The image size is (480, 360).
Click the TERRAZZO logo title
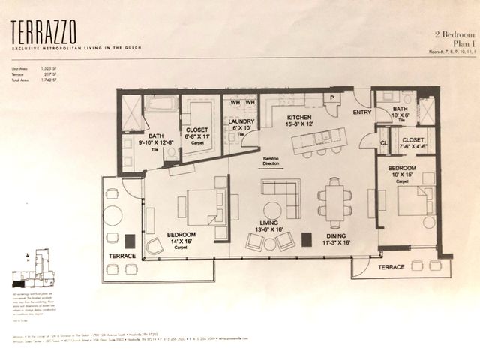click(43, 31)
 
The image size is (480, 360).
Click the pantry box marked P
click(329, 98)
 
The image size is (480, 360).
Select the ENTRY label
click(362, 112)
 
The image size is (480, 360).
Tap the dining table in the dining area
click(334, 202)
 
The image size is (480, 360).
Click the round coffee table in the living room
click(272, 211)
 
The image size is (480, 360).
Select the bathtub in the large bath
click(161, 103)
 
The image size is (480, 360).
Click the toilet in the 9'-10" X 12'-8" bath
click(172, 152)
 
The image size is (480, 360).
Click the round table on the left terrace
click(112, 216)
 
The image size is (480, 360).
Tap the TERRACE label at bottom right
click(391, 267)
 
